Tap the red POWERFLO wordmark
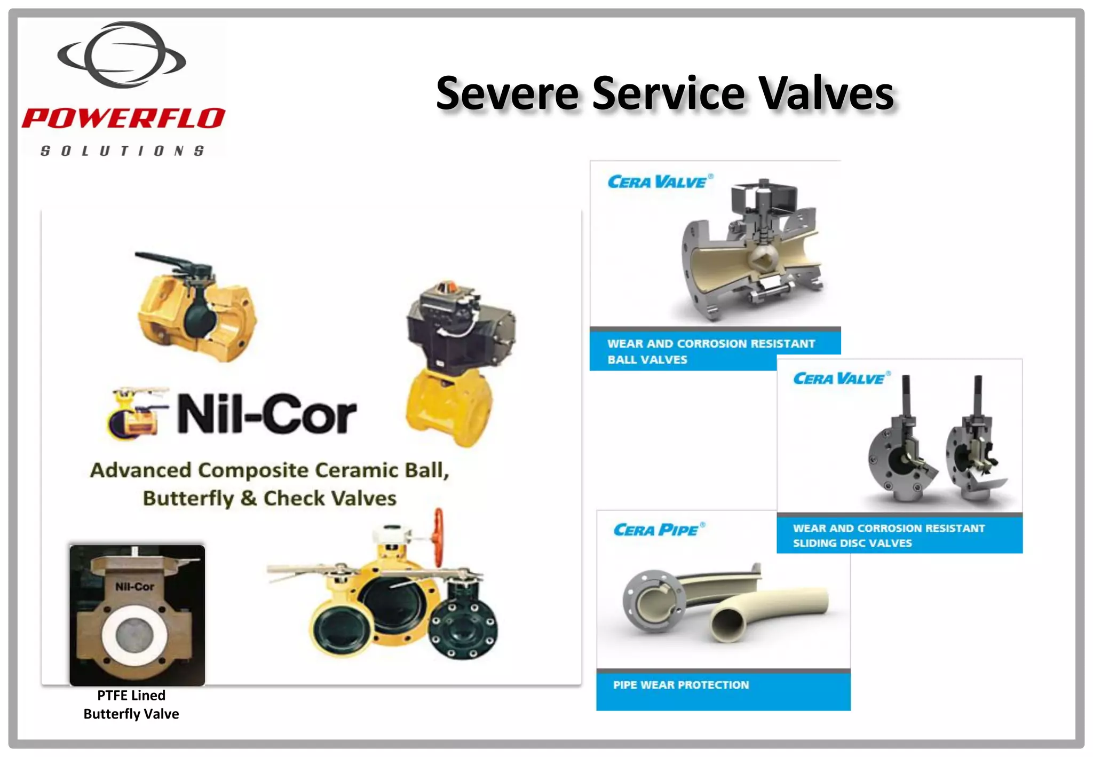[123, 118]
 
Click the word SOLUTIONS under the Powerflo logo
[122, 151]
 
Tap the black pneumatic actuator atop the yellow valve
[459, 328]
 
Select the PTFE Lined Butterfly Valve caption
[131, 705]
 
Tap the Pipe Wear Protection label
[681, 685]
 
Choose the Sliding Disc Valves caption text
[852, 543]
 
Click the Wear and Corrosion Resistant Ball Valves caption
[711, 351]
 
